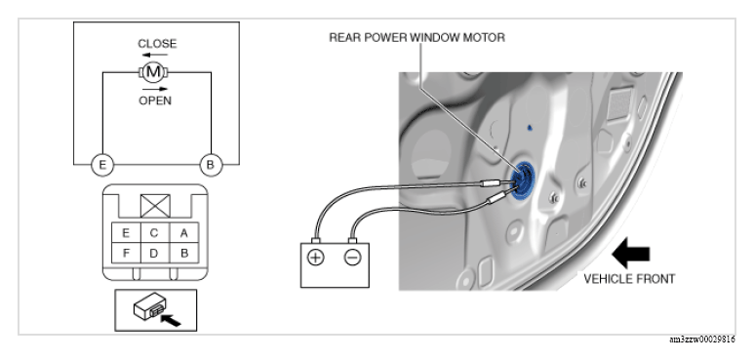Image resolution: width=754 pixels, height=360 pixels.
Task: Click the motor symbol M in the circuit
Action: [x=153, y=72]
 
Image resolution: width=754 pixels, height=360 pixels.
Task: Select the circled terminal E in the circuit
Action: [x=102, y=165]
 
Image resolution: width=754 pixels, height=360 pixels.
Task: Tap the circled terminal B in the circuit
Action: [x=211, y=165]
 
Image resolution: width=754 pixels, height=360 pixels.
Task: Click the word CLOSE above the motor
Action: [x=157, y=44]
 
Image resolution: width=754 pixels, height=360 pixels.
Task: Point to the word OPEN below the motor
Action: [x=155, y=100]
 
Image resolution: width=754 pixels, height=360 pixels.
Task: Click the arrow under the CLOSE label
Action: [x=155, y=55]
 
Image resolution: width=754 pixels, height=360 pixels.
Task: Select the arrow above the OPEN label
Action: [x=155, y=89]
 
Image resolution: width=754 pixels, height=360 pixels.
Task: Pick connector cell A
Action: [x=184, y=233]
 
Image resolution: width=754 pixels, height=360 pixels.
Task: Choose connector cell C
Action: [x=154, y=233]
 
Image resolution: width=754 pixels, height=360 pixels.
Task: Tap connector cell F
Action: [x=126, y=254]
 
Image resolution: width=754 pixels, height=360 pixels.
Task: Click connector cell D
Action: [x=154, y=254]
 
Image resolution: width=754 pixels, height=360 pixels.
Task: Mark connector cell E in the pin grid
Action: [x=126, y=233]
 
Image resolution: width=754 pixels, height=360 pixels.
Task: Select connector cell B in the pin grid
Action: [x=184, y=254]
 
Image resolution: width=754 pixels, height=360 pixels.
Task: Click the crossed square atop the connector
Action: [x=155, y=206]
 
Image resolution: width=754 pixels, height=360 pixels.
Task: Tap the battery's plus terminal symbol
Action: [x=315, y=259]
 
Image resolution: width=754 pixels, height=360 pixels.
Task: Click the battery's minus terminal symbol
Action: [x=352, y=259]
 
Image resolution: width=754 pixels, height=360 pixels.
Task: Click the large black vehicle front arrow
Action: [x=630, y=254]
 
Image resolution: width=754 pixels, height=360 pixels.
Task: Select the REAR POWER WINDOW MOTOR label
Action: [x=417, y=37]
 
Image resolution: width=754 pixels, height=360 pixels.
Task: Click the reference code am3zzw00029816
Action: [x=702, y=340]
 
